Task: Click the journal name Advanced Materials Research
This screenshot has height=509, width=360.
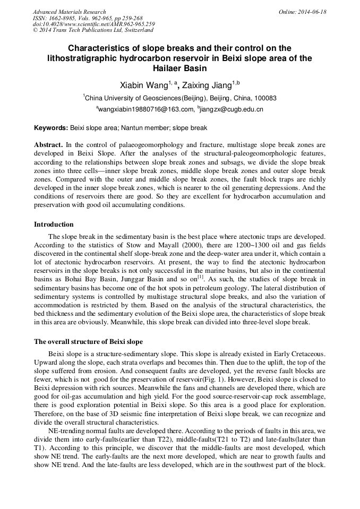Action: coord(70,12)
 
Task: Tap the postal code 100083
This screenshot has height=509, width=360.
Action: coord(264,98)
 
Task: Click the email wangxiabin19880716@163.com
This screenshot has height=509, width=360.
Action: coord(145,109)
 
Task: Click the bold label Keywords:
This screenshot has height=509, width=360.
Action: coord(51,128)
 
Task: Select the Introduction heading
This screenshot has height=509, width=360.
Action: coord(54,225)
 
